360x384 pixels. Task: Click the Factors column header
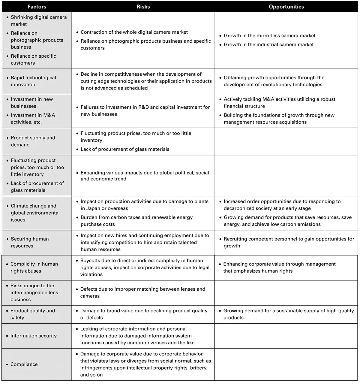pyautogui.click(x=37, y=7)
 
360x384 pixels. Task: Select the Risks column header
pyautogui.click(x=143, y=7)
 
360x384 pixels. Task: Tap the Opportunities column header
pyautogui.click(x=286, y=7)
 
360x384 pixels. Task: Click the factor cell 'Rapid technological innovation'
pyautogui.click(x=33, y=81)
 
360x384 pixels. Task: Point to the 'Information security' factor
pyautogui.click(x=33, y=336)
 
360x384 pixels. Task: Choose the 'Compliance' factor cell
pyautogui.click(x=24, y=364)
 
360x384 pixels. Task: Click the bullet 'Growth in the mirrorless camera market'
pyautogui.click(x=269, y=35)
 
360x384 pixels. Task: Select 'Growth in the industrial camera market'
pyautogui.click(x=268, y=44)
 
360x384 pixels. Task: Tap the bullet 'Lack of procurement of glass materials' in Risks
pyautogui.click(x=125, y=149)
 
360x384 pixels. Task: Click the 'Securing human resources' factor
pyautogui.click(x=30, y=242)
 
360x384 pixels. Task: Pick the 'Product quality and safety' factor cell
pyautogui.click(x=32, y=314)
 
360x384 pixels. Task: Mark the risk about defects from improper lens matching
pyautogui.click(x=142, y=292)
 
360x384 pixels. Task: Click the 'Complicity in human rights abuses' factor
pyautogui.click(x=34, y=267)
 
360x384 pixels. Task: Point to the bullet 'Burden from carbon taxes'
pyautogui.click(x=136, y=221)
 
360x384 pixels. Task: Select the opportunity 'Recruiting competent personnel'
pyautogui.click(x=289, y=242)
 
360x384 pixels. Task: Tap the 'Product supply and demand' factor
pyautogui.click(x=33, y=141)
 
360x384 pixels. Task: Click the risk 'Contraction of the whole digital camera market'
pyautogui.click(x=134, y=32)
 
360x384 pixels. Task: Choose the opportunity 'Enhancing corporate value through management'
pyautogui.click(x=279, y=267)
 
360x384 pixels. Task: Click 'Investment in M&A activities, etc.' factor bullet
pyautogui.click(x=33, y=119)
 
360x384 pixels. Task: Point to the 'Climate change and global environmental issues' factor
pyautogui.click(x=35, y=213)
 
